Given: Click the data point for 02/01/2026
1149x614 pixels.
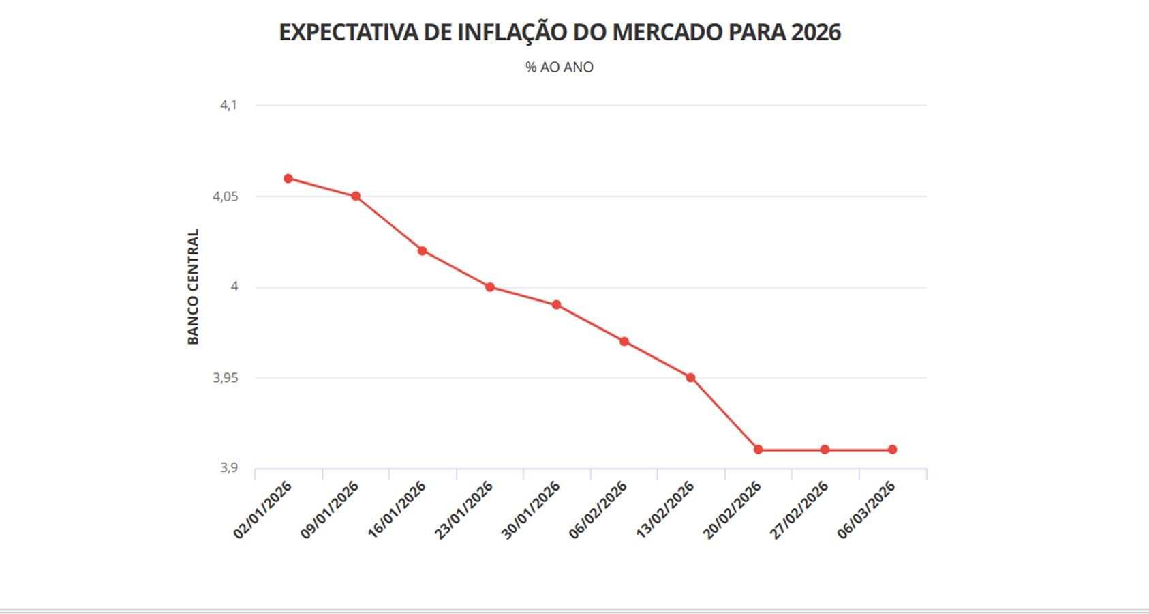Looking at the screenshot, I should tap(288, 179).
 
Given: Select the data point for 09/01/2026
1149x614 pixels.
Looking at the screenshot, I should tap(356, 196).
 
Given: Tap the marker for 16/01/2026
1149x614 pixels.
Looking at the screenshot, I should tap(423, 251).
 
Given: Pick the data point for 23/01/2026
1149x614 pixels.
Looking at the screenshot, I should tap(490, 287).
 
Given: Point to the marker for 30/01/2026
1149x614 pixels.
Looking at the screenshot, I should tap(557, 305).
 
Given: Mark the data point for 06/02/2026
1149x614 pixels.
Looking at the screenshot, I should tap(624, 341).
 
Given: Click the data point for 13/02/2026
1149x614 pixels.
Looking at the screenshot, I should tap(691, 377).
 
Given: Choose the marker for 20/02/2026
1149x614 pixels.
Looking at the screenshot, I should tap(759, 450).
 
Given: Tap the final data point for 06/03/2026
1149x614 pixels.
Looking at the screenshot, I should tap(893, 450).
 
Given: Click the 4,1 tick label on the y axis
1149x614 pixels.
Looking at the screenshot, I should tap(228, 105).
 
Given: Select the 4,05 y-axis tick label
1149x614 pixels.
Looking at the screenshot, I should tap(226, 196).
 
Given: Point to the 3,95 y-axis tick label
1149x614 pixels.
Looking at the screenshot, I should tap(226, 378).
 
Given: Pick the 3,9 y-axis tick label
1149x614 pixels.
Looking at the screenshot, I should tap(228, 468).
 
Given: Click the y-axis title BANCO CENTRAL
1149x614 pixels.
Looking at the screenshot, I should tap(194, 287).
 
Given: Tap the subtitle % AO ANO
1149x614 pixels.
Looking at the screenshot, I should tap(560, 68).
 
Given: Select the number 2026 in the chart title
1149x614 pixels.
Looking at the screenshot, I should tap(816, 32).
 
